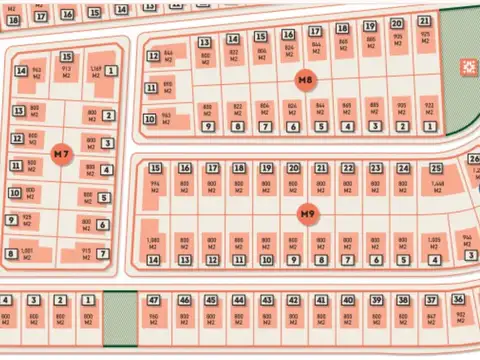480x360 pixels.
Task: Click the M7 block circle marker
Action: pyautogui.click(x=62, y=154)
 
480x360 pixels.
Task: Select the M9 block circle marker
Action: pyautogui.click(x=307, y=212)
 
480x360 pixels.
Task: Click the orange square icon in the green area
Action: pyautogui.click(x=467, y=67)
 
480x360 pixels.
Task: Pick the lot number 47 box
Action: pyautogui.click(x=154, y=300)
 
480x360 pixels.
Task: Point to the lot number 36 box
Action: pyautogui.click(x=458, y=300)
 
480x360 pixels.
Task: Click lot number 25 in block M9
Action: pyautogui.click(x=436, y=169)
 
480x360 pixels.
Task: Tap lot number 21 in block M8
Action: pyautogui.click(x=424, y=21)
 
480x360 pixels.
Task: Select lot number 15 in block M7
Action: pyautogui.click(x=66, y=56)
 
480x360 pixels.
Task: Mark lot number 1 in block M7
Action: pyautogui.click(x=111, y=71)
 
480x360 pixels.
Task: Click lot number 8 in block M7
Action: pyautogui.click(x=11, y=254)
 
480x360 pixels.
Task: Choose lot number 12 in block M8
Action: pyautogui.click(x=153, y=56)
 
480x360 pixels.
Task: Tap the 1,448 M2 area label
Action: pyautogui.click(x=437, y=185)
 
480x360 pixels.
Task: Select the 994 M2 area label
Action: pyautogui.click(x=155, y=185)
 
